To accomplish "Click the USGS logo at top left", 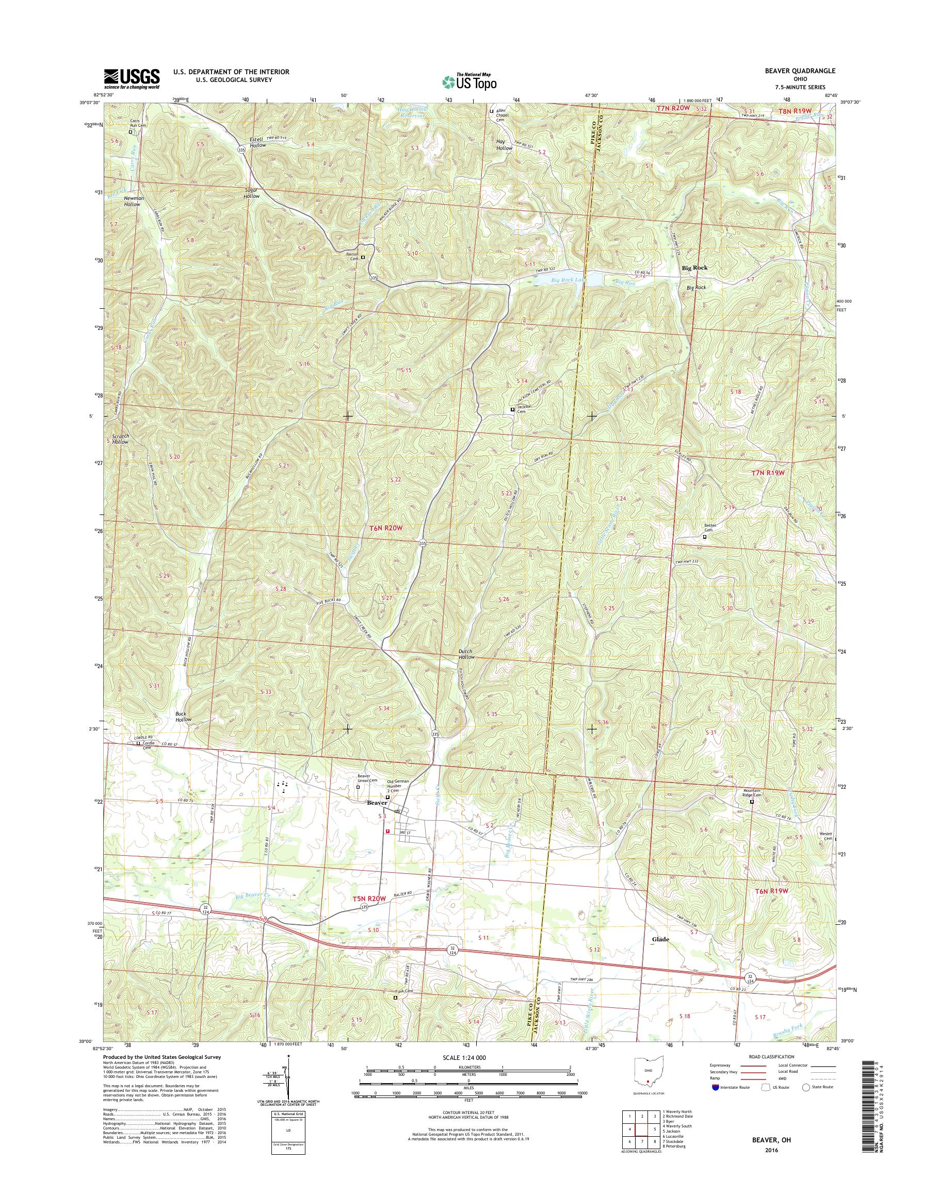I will [132, 78].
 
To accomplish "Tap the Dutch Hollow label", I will [466, 654].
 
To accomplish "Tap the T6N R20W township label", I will [386, 528].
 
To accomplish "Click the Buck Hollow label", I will [184, 717].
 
